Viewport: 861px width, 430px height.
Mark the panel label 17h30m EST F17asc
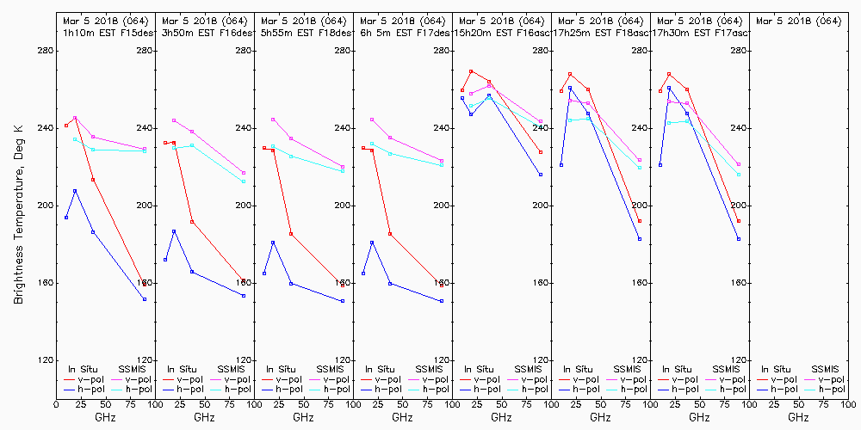click(699, 32)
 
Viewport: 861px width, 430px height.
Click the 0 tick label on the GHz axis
click(56, 403)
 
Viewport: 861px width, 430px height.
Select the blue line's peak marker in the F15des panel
click(75, 191)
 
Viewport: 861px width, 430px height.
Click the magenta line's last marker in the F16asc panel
click(541, 121)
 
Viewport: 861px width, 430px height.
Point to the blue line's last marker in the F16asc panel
click(541, 175)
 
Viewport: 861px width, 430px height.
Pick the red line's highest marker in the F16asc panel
click(471, 71)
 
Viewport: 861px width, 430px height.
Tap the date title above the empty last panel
click(798, 20)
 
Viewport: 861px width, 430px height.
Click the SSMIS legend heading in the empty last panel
click(825, 368)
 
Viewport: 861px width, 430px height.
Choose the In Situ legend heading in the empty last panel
click(775, 368)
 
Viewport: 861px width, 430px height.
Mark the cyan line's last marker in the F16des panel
click(244, 181)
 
